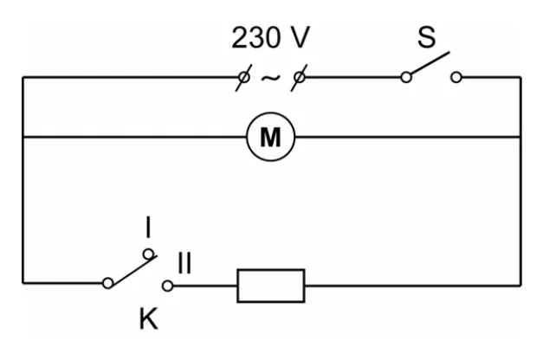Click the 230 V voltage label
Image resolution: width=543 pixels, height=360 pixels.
point(270,37)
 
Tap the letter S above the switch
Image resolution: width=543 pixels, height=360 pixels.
point(426,36)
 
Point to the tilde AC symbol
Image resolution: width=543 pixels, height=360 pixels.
point(270,78)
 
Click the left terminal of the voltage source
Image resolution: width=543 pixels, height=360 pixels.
point(243,77)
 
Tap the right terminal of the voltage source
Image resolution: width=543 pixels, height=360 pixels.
point(299,77)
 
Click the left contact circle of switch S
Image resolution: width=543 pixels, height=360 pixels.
point(406,77)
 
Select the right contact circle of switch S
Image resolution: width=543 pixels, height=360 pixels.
point(456,77)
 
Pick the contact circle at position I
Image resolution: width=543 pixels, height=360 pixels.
point(149,254)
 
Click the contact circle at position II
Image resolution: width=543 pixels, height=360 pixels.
point(168,286)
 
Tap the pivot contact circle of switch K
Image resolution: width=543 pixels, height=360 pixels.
point(108,283)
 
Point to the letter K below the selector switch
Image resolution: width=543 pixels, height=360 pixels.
point(149,318)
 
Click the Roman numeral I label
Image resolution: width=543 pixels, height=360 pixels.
point(148,227)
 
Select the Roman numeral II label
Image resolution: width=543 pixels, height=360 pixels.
point(184,263)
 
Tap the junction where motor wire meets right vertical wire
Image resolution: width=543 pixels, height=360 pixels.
point(520,137)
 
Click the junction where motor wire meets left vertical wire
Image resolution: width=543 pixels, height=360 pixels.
point(23,137)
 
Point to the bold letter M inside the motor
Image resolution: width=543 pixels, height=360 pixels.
point(270,138)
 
